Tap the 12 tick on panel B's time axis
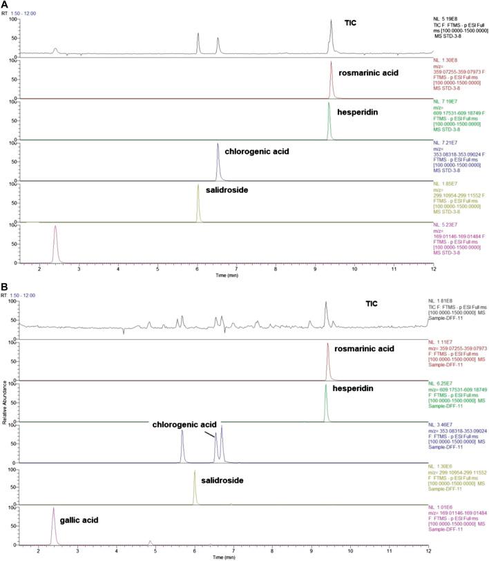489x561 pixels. click(x=428, y=552)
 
